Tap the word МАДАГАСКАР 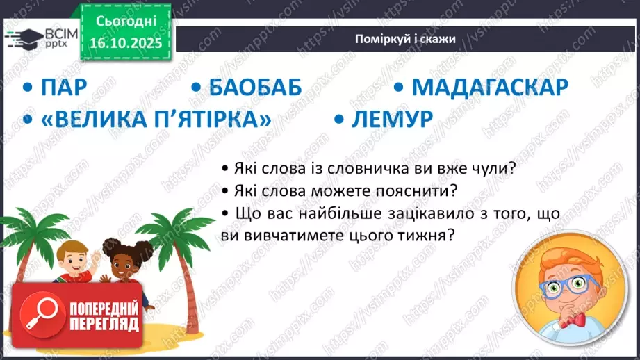[490, 88]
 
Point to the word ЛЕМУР [392, 119]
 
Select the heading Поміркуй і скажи [403, 39]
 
